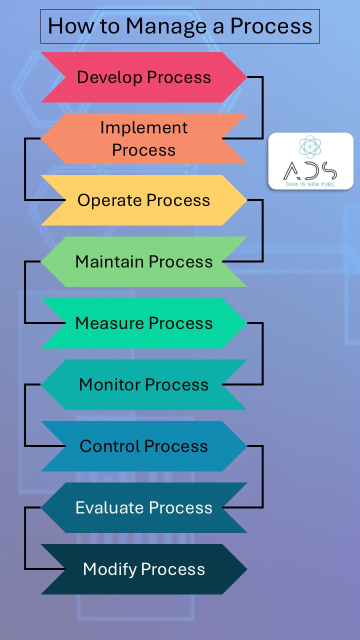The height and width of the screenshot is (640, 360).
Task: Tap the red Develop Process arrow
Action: pos(144,77)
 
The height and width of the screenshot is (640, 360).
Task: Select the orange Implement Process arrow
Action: pos(144,138)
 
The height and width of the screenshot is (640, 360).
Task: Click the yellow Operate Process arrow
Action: pos(144,200)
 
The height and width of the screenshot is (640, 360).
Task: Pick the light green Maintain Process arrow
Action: pos(144,261)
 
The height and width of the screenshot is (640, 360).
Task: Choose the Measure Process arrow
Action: pos(144,323)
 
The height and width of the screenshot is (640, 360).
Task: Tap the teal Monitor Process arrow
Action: pos(144,384)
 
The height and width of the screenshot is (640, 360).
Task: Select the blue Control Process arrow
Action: pos(144,446)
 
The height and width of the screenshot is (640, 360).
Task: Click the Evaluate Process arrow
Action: pos(144,507)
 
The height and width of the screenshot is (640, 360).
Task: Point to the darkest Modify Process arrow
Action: pos(144,569)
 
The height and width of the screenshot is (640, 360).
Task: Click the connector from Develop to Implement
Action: pos(262,107)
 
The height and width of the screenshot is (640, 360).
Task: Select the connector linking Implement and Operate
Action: pos(25,169)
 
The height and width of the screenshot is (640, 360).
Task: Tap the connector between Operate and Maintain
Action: pos(262,230)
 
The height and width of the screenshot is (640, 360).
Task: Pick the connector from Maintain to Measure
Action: pos(25,292)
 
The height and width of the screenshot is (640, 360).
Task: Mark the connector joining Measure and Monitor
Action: pos(262,353)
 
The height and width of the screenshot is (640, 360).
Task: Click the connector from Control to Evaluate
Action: pos(262,476)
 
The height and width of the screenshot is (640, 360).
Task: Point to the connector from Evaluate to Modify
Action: pos(25,538)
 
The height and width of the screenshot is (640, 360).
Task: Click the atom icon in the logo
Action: pos(310,147)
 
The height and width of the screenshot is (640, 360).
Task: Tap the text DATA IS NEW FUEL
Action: pos(310,184)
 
